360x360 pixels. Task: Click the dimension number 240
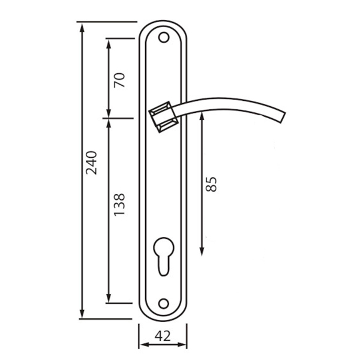pyautogui.click(x=91, y=163)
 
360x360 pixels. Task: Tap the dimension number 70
pyautogui.click(x=119, y=80)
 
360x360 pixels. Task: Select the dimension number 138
pyautogui.click(x=119, y=205)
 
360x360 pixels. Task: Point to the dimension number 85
pyautogui.click(x=211, y=184)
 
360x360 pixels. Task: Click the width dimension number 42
pyautogui.click(x=163, y=336)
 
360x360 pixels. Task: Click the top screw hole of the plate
pyautogui.click(x=164, y=37)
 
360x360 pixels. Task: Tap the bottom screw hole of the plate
pyautogui.click(x=164, y=304)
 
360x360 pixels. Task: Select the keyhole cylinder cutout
pyautogui.click(x=164, y=256)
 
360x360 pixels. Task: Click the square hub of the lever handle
pyautogui.click(x=163, y=117)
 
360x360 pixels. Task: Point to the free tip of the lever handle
pyautogui.click(x=283, y=118)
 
